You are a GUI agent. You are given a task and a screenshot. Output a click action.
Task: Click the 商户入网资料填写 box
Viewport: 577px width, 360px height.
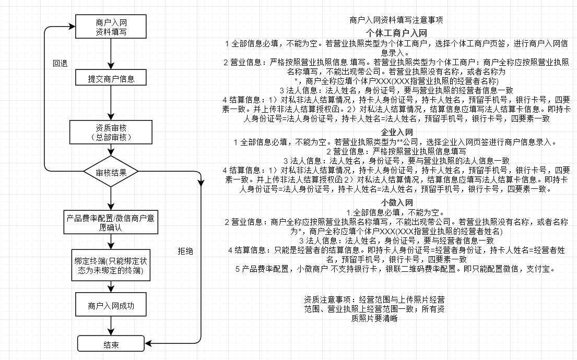pos(111,27)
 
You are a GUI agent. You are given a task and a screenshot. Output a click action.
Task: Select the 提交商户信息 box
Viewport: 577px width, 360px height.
pos(111,79)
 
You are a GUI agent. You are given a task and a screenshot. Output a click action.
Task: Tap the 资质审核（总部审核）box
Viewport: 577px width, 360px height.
pos(111,132)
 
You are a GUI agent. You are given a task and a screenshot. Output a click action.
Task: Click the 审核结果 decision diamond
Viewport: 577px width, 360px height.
pos(111,172)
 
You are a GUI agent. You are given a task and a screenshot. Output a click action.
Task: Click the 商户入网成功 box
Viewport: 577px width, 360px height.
pos(111,306)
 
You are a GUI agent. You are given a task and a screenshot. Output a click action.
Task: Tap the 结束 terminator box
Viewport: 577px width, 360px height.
pos(111,344)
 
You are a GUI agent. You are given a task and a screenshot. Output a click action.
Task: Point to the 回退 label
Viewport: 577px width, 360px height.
pos(60,63)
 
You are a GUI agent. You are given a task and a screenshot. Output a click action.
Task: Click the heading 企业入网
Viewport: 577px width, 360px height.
pos(397,133)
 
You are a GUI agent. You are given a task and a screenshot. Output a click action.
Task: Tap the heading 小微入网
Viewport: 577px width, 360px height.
pos(397,202)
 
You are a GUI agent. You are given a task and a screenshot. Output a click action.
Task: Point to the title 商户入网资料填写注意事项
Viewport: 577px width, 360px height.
pos(397,20)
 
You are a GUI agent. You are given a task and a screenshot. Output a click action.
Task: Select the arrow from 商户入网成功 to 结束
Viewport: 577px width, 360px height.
pos(111,327)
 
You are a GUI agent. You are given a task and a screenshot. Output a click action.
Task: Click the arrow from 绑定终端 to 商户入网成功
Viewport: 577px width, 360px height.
pos(111,287)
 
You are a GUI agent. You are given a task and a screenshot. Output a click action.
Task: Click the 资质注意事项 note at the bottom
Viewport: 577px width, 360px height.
pos(374,309)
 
